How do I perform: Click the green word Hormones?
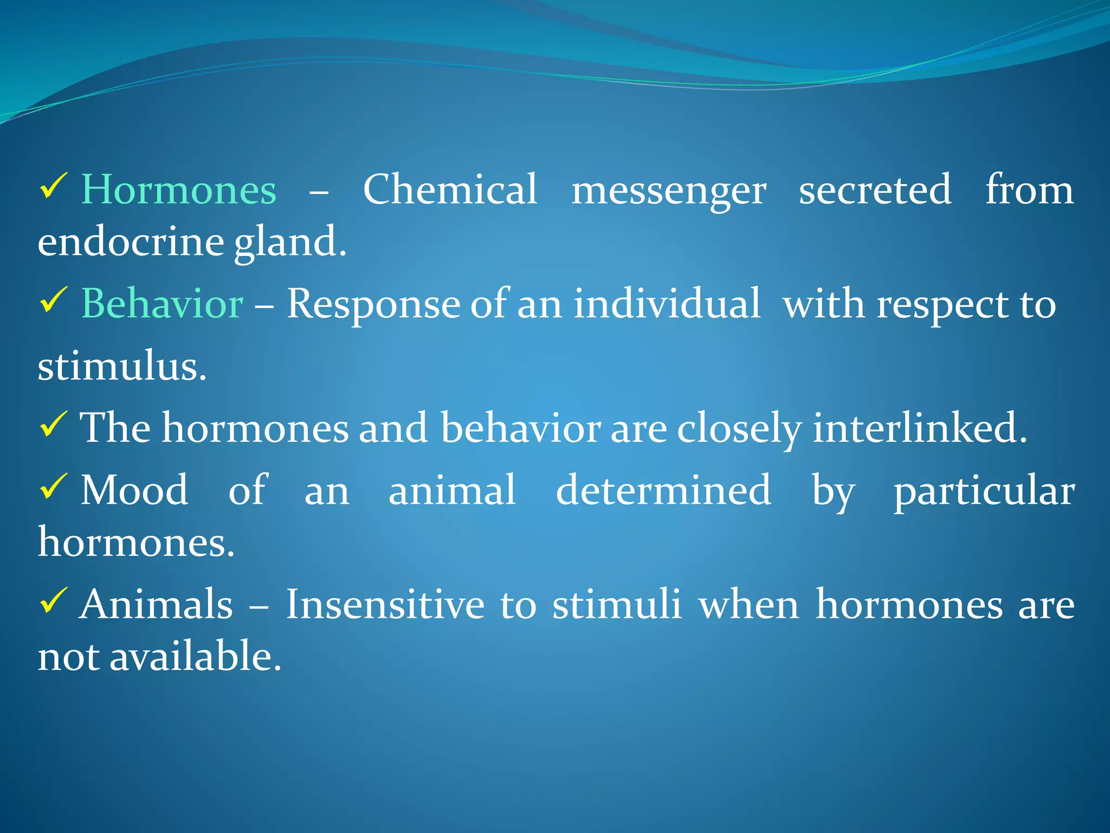point(179,190)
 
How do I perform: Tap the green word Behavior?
point(162,304)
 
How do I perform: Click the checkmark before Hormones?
point(53,187)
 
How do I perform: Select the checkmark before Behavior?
point(53,300)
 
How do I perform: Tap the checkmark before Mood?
point(53,486)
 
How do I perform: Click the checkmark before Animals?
point(53,601)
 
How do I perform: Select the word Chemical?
point(450,190)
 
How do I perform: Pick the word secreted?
point(875,190)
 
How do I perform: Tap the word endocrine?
point(131,242)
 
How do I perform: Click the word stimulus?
point(122,367)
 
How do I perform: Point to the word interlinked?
point(920,428)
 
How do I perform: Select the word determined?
point(663,490)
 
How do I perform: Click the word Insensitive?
point(385,604)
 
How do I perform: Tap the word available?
point(196,656)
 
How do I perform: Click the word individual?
point(667,304)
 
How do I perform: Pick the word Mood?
point(134,490)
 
